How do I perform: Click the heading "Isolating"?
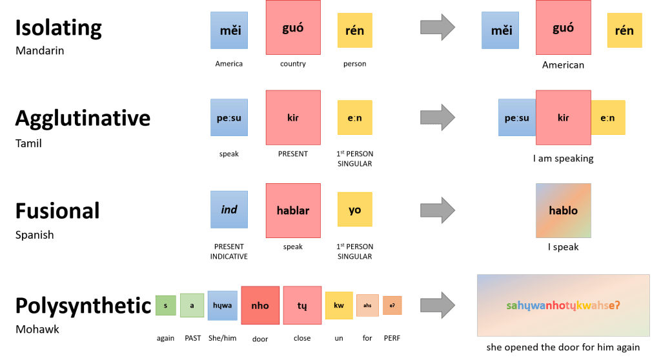point(59,28)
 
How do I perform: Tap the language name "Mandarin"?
point(39,51)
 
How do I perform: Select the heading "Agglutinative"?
point(83,118)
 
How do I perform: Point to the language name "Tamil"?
point(28,143)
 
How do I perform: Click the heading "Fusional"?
point(57,210)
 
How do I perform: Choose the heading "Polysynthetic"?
point(83,305)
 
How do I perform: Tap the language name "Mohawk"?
point(37,329)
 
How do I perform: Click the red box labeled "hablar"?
point(293,210)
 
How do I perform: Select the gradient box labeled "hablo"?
point(563,210)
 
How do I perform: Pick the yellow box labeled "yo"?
point(354,210)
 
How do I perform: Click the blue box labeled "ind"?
point(229,210)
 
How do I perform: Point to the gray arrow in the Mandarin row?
point(438,28)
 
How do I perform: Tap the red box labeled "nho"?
point(260,305)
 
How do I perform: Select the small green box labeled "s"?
point(165,305)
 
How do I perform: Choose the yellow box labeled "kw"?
point(338,305)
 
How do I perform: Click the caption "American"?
point(563,65)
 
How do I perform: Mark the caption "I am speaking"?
point(563,158)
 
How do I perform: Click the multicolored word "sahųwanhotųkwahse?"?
point(563,305)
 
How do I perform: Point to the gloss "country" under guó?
point(293,64)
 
